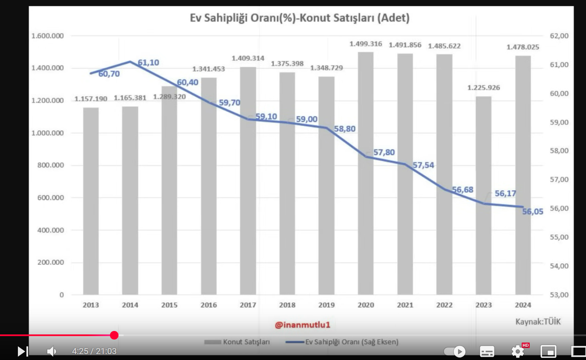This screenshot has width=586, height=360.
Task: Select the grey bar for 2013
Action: (91, 200)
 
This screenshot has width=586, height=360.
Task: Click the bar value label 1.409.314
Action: (248, 58)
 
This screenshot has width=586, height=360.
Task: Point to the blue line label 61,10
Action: (148, 63)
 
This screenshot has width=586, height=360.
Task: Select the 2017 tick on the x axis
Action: (248, 305)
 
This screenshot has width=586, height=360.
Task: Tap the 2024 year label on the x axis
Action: (522, 305)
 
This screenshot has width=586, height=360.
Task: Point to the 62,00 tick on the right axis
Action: (559, 36)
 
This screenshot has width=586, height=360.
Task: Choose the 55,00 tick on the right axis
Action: (559, 237)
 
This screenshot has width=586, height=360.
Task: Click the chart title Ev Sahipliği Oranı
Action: (299, 18)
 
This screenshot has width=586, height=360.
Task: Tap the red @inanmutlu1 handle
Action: (303, 325)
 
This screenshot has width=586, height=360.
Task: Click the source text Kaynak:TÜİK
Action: (538, 322)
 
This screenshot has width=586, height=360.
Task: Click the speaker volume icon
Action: (52, 351)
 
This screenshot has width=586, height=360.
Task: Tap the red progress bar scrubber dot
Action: (114, 335)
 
